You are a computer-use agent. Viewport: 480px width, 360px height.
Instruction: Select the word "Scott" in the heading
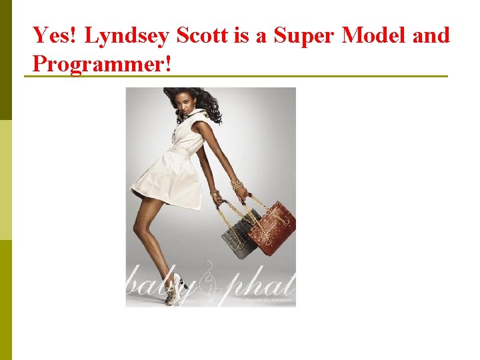tap(207, 35)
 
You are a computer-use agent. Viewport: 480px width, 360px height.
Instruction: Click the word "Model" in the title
tap(373, 35)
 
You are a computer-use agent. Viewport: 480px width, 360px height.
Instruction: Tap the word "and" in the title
tap(431, 35)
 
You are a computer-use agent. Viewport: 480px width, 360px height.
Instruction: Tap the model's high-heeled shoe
tap(173, 297)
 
